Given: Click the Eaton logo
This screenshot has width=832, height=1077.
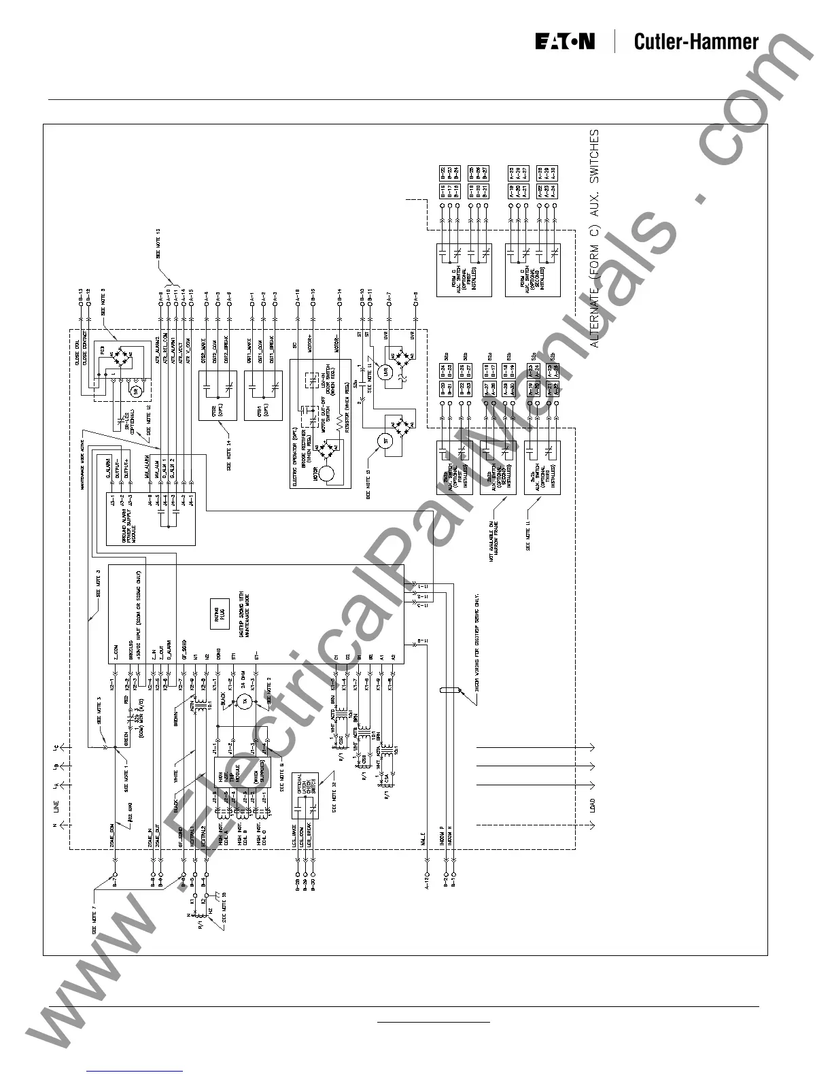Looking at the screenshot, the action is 564,42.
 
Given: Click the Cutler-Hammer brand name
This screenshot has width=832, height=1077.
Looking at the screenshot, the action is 695,42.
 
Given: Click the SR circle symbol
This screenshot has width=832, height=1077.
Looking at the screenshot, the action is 135,390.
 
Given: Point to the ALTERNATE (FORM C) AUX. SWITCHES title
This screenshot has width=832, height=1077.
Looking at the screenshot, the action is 595,238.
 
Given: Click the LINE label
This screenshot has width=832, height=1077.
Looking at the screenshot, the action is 56,807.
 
